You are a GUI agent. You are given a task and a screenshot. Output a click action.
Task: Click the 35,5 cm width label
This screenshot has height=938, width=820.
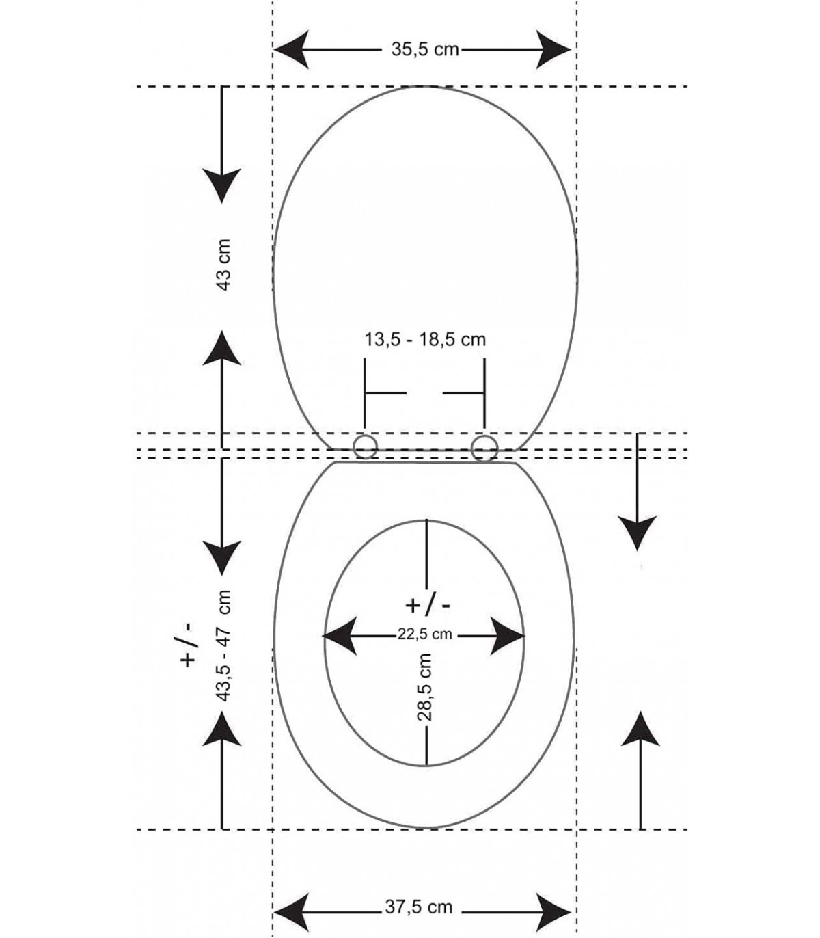424,49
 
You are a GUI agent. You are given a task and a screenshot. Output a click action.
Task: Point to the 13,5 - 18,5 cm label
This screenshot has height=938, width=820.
424,339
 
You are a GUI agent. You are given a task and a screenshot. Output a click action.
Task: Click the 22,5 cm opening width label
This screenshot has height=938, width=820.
424,634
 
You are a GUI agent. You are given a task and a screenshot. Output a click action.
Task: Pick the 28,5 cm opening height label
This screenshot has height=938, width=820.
425,687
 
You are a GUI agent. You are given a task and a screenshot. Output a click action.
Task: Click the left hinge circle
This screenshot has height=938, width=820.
365,448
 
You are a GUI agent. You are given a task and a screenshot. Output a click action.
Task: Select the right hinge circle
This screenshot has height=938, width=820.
484,448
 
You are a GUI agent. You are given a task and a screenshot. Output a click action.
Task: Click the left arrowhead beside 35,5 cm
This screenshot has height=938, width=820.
295,50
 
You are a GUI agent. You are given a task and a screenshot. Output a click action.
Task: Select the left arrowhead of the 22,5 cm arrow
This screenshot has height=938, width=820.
341,636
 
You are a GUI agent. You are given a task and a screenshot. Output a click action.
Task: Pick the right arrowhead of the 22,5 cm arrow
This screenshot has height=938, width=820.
508,636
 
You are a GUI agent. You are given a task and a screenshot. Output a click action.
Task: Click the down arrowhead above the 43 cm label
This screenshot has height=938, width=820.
222,183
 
